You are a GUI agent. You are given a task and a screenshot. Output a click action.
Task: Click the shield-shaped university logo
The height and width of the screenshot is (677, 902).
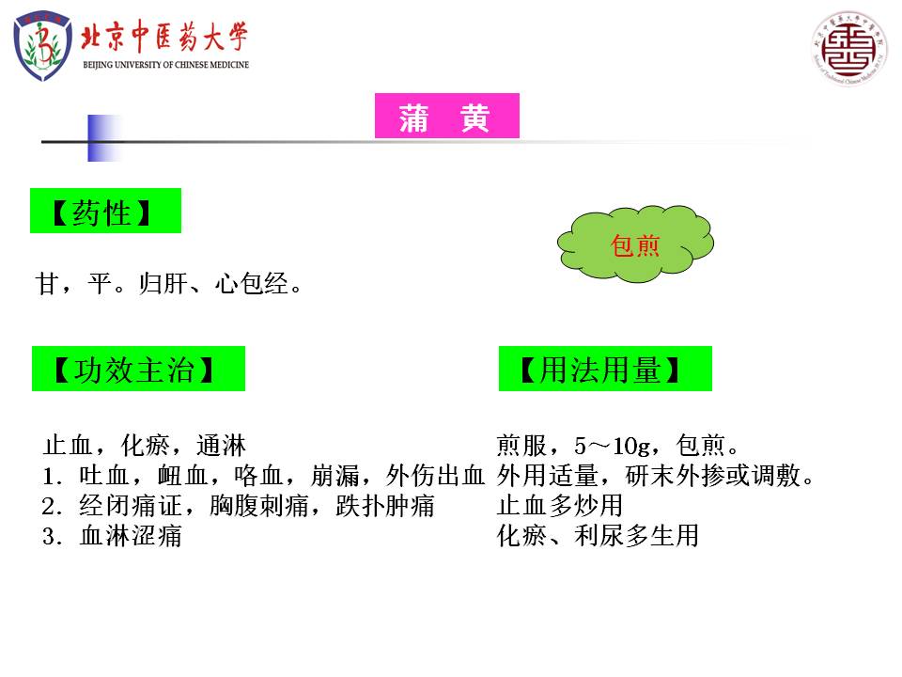(43, 46)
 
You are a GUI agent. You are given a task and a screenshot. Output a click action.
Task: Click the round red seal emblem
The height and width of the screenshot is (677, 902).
(849, 48)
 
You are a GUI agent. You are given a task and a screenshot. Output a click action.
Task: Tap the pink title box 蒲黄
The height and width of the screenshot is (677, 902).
(447, 116)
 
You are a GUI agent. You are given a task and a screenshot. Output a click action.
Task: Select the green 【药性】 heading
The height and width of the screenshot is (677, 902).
(105, 211)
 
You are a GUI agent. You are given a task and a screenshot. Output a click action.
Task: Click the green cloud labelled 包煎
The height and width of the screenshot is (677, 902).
(635, 244)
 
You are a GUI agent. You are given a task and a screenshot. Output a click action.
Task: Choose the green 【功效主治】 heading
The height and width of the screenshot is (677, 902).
(138, 369)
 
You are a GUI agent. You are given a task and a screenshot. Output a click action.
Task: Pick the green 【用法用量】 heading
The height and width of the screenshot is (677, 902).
(605, 369)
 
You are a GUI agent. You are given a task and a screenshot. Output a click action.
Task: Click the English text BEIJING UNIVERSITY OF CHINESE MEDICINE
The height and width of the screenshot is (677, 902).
(165, 65)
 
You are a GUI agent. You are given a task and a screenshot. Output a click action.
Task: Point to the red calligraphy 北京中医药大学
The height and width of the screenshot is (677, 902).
(163, 37)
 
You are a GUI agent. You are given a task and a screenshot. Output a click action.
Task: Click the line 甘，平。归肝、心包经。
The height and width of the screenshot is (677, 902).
(168, 284)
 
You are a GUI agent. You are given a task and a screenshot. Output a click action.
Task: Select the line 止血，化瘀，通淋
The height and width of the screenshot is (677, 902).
(145, 446)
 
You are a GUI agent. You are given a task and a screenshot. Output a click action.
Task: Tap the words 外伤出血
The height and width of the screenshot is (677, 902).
(435, 476)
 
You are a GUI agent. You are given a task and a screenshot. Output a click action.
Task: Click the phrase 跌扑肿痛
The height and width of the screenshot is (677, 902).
(385, 506)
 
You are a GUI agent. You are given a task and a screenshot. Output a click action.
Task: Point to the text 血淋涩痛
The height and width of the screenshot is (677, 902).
(131, 536)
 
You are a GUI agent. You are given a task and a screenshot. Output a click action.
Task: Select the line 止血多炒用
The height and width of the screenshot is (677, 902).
(560, 506)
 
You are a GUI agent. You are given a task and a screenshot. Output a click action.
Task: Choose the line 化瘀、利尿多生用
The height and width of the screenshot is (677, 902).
(598, 535)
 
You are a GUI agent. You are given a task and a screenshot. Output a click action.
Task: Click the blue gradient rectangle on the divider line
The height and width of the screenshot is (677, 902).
(104, 138)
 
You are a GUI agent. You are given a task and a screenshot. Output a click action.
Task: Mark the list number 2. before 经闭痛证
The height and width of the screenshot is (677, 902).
(52, 507)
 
